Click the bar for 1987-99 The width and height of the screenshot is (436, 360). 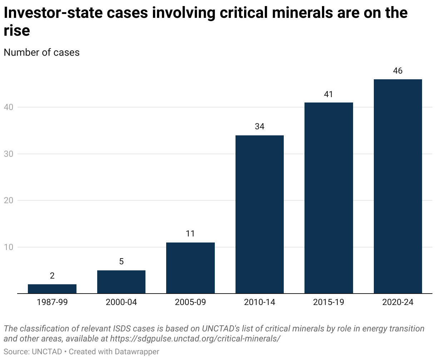point(52,289)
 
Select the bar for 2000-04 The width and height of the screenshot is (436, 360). point(121,282)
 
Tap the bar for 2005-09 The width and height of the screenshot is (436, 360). point(190,268)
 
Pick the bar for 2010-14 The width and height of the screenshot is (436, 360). point(259,214)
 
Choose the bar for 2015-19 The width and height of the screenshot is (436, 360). point(328,198)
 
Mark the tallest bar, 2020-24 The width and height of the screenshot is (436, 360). point(398,186)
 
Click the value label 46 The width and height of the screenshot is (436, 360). point(398,71)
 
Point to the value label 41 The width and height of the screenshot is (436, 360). point(328,94)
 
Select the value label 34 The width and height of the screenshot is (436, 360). point(259,127)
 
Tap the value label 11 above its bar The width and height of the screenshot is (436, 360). point(190,234)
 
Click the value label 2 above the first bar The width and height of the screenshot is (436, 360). point(52,276)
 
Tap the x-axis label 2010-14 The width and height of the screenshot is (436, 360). point(259,302)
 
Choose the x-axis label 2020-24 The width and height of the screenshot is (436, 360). point(398,302)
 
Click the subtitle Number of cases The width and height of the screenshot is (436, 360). point(41,52)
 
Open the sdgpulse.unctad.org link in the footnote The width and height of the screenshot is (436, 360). point(195,338)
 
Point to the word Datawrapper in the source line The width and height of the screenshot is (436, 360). point(137,352)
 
